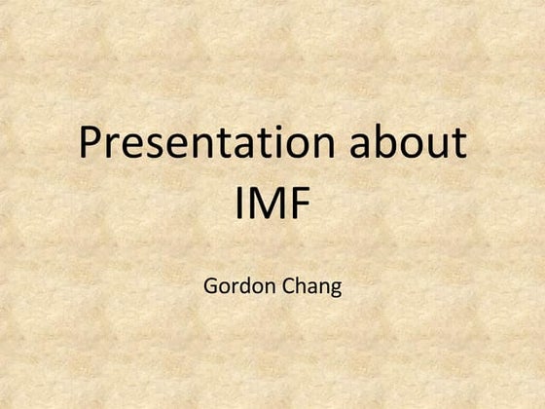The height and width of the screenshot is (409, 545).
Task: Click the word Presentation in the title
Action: coord(209,145)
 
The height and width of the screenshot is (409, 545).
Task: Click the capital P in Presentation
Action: coord(91,145)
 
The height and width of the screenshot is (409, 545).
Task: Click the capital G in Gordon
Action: coord(211,287)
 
